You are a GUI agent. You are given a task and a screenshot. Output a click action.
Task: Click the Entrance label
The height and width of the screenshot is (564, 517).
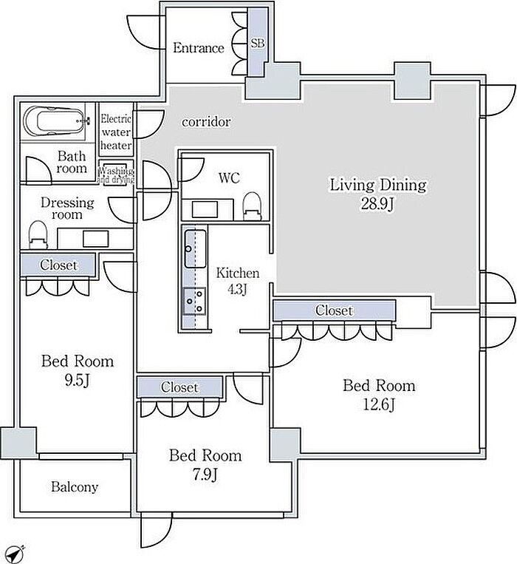click(199, 48)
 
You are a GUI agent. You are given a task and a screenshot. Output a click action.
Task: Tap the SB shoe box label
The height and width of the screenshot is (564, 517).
click(257, 43)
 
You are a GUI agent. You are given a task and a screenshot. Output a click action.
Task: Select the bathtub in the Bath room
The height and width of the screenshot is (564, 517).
click(55, 121)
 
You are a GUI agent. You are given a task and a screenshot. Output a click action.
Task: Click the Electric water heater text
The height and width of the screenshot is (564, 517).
click(116, 132)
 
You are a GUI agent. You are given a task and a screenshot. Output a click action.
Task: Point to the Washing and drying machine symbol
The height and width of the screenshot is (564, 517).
click(116, 174)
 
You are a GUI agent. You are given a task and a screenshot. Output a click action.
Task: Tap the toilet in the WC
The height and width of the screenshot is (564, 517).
click(252, 206)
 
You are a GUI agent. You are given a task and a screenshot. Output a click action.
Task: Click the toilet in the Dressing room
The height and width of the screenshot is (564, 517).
click(38, 235)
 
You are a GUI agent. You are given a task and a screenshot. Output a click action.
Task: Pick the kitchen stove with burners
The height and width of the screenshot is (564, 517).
click(194, 302)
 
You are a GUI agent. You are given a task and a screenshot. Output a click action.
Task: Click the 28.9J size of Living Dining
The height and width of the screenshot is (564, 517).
click(377, 204)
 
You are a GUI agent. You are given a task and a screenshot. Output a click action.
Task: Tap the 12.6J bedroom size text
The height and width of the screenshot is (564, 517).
click(379, 405)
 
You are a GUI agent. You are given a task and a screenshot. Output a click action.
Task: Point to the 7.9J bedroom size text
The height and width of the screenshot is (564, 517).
click(205, 475)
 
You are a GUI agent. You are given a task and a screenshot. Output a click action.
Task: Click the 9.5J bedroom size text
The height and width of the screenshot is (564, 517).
click(77, 381)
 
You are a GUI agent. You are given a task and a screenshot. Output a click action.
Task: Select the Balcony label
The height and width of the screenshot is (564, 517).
click(75, 487)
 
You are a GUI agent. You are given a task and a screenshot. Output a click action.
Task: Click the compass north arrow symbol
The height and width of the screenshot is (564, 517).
click(16, 554)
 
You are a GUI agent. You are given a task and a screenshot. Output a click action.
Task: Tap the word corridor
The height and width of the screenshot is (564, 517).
click(206, 122)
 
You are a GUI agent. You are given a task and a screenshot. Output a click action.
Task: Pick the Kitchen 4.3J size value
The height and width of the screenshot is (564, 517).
click(237, 289)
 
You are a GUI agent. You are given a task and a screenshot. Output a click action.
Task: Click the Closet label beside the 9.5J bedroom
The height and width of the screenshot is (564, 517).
click(58, 265)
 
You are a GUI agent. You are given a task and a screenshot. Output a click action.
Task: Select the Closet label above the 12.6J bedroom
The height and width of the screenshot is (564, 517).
click(334, 310)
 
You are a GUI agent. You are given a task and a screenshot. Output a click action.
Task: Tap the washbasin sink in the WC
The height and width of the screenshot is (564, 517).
click(205, 210)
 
